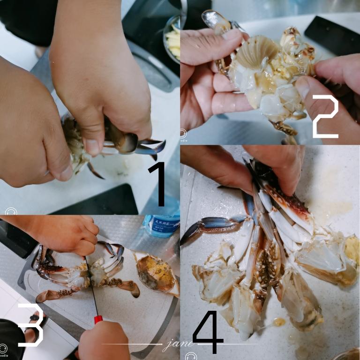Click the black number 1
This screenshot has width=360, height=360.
click(159, 184)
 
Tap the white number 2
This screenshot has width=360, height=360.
click(325, 116)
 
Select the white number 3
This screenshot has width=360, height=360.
click(30, 325)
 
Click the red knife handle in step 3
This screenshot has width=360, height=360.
click(98, 320)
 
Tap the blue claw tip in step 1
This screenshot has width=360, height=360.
click(152, 148)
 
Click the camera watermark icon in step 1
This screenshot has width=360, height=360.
click(10, 211)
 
